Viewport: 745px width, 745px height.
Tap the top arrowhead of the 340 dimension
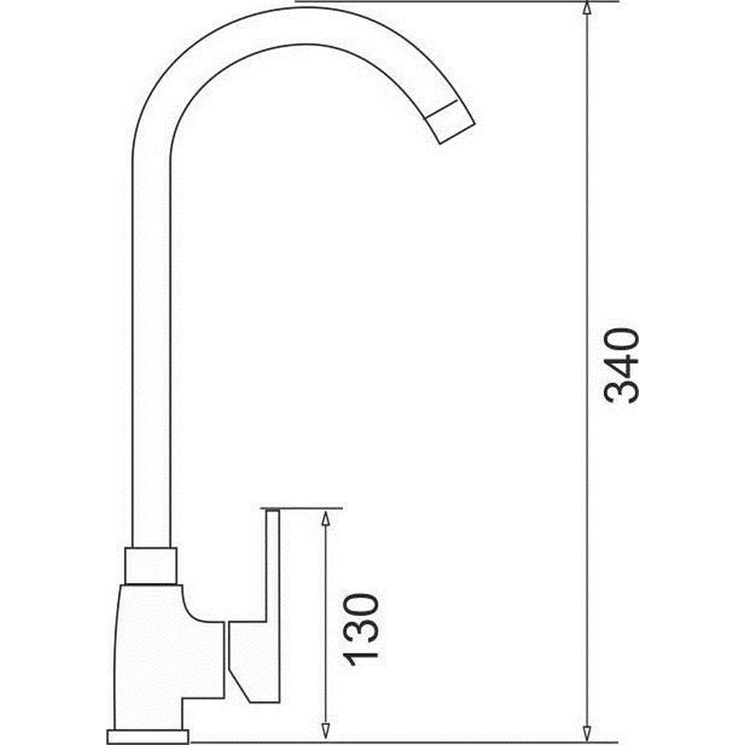(587, 8)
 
